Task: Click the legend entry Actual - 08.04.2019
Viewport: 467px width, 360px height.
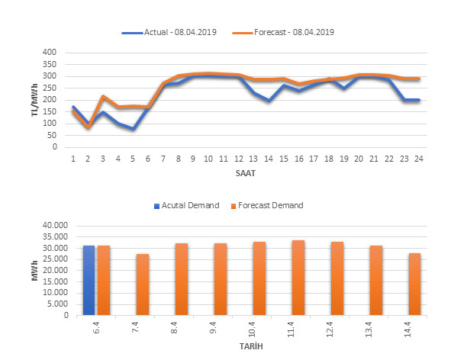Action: coord(169,32)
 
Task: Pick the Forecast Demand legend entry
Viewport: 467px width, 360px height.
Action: coord(272,204)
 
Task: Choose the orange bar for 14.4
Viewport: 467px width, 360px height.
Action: coord(414,284)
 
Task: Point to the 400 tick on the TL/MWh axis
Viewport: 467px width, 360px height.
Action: coord(50,53)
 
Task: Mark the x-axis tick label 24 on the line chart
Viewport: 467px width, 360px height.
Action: coord(419,158)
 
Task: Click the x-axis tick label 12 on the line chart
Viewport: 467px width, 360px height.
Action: coord(238,158)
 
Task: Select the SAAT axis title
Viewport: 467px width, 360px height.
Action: coord(246,172)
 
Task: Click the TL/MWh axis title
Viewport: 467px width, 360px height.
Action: coord(34,101)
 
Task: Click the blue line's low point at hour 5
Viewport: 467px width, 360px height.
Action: coord(133,129)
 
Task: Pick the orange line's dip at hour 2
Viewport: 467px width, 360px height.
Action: coord(88,127)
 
